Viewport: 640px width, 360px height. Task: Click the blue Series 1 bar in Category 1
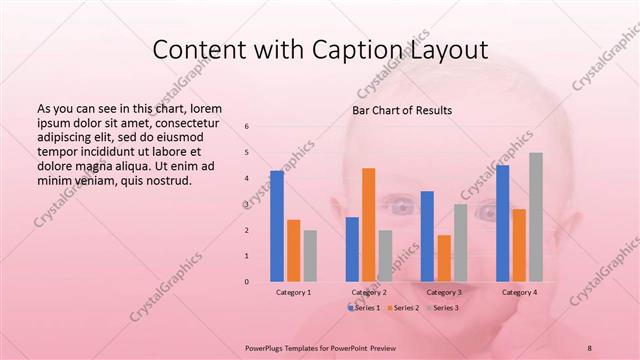277,226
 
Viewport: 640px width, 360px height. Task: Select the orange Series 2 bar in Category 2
368,224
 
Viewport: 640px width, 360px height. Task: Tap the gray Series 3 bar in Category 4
536,217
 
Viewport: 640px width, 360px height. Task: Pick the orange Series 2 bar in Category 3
444,258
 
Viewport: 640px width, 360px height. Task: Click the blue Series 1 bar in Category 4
502,223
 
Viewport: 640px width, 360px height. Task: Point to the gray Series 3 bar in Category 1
310,255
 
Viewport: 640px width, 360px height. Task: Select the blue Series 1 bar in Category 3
427,236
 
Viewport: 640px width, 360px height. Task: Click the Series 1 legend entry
365,307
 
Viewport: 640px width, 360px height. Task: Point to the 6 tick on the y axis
247,127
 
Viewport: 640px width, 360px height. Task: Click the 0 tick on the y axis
247,282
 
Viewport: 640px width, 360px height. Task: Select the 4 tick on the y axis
247,179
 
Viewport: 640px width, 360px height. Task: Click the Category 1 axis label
293,292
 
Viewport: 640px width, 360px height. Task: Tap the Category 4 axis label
519,292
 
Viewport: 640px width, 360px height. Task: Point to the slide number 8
589,346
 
